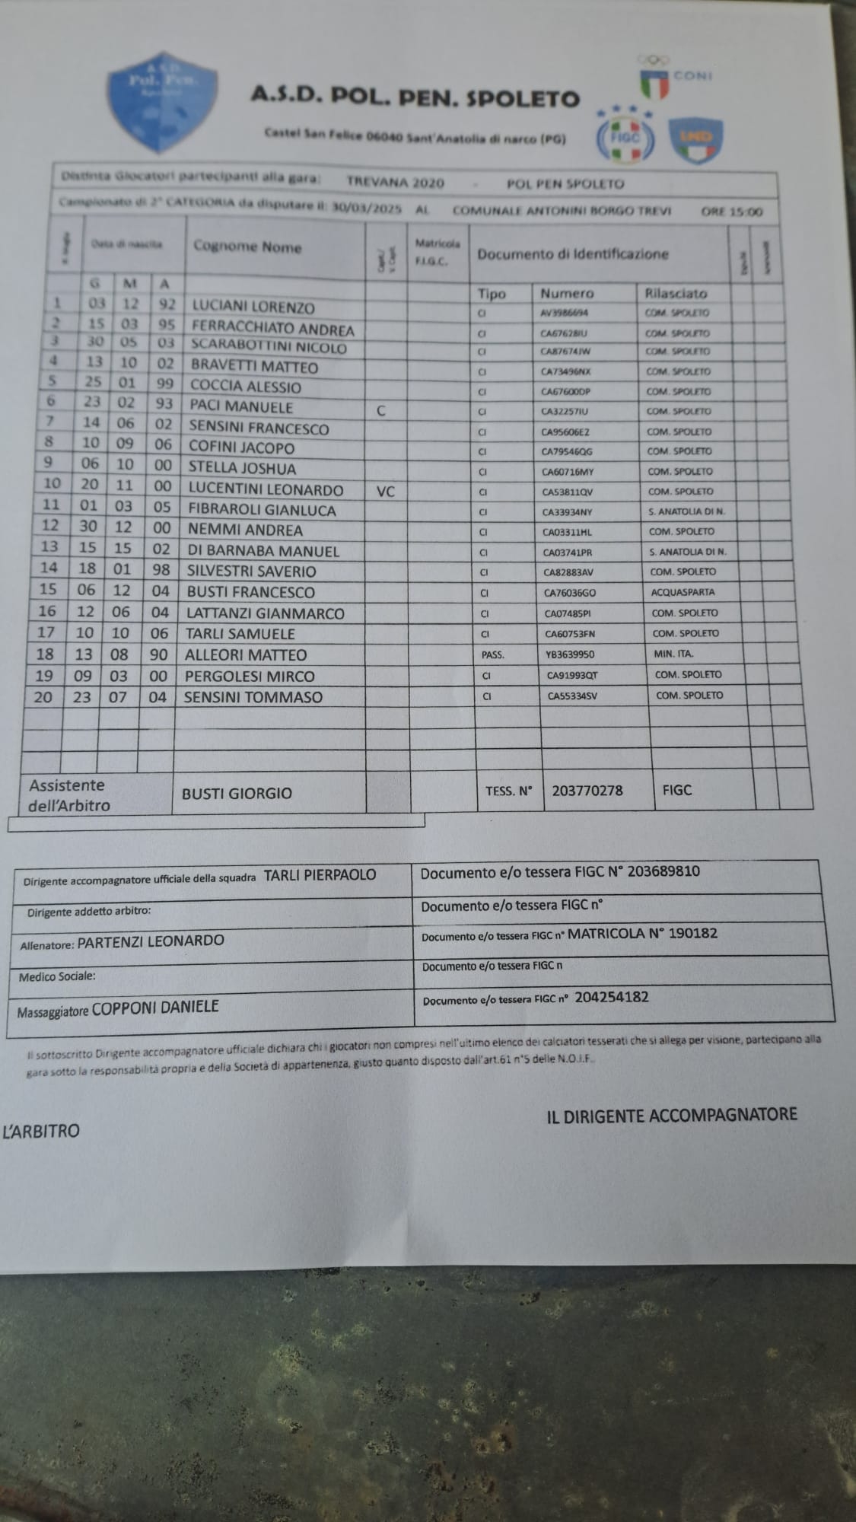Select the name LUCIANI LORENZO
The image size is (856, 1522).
[253, 307]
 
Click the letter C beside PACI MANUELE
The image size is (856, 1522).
[381, 411]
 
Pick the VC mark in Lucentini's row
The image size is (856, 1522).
[386, 492]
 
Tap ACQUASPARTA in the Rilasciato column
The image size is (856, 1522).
[683, 591]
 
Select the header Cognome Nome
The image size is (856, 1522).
[247, 247]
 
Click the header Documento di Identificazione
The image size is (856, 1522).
[573, 254]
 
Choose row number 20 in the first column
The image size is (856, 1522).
[43, 696]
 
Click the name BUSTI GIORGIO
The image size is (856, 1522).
[237, 793]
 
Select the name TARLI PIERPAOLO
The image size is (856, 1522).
[320, 875]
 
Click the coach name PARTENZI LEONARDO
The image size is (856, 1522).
[151, 941]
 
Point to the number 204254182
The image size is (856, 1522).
[612, 997]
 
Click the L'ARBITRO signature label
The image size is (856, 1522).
[41, 1132]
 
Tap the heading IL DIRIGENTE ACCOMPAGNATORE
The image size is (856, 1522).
[671, 1116]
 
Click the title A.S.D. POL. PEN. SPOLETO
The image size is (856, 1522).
[415, 97]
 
